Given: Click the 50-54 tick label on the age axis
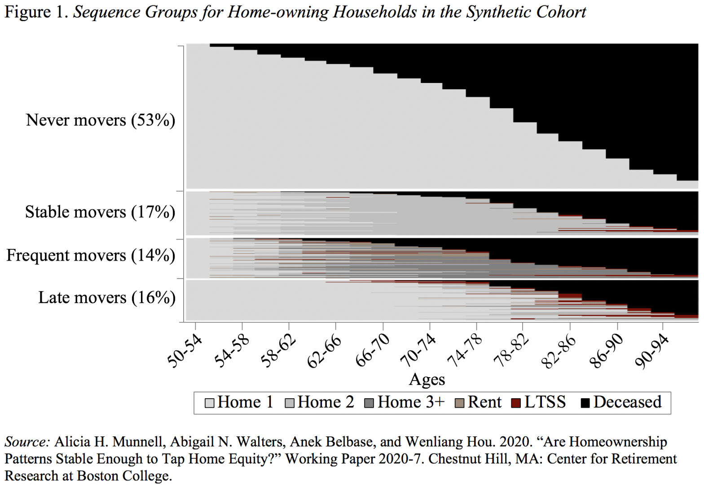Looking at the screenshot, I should tap(185, 351).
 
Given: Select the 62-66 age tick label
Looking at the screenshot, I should tap(325, 351).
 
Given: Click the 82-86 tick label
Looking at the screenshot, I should tap(559, 351).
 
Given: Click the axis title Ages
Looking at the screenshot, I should tap(427, 379).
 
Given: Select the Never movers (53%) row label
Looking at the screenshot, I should tap(101, 120).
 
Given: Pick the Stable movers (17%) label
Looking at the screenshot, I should tap(100, 212).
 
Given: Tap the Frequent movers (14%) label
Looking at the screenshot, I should tap(91, 255).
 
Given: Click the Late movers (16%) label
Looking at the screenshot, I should tap(106, 297).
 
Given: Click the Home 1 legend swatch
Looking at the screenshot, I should tap(209, 403).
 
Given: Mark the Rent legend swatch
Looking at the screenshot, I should tap(459, 403).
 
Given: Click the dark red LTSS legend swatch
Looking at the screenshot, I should tap(516, 403).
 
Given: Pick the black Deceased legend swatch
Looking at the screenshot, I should tap(585, 403).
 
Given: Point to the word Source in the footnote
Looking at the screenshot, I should tap(26, 442).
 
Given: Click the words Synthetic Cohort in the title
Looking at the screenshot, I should tap(526, 12).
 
